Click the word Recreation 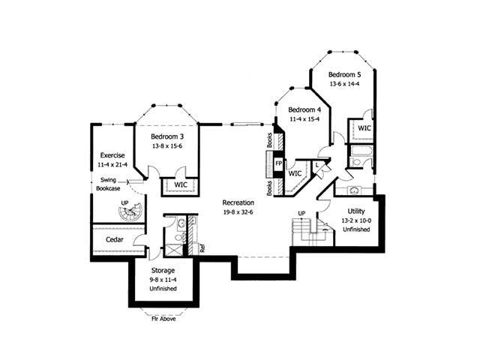238,202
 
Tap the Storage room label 163,270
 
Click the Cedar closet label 115,239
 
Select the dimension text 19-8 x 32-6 238,212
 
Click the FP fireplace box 278,163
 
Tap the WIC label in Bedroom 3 181,184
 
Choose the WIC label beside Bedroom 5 364,128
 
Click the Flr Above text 163,317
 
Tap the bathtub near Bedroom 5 359,159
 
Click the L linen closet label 316,163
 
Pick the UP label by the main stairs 301,214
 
